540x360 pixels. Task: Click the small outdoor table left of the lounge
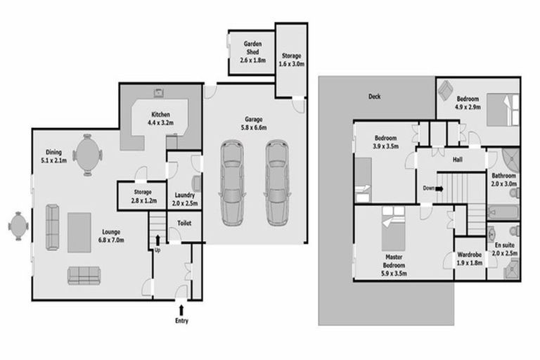[17, 226]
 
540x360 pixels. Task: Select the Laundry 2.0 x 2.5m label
[185, 200]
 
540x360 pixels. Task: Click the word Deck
[374, 97]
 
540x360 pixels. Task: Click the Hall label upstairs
[457, 160]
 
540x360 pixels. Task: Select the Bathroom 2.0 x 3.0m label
[504, 179]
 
